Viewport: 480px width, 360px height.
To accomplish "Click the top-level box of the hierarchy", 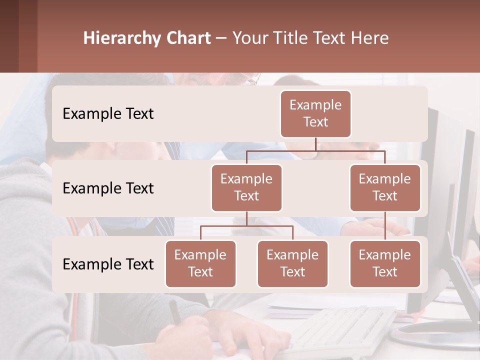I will (x=315, y=114).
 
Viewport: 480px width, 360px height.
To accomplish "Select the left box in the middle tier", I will (x=246, y=188).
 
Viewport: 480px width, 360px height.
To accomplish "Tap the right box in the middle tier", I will (x=385, y=188).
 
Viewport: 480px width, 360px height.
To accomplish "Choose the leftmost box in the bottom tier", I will (x=200, y=264).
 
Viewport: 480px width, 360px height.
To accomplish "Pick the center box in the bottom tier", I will (x=292, y=264).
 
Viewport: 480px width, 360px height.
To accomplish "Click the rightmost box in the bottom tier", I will (x=385, y=264).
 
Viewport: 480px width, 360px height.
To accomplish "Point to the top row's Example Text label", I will (x=108, y=114).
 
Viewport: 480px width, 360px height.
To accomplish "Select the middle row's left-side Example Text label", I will (x=108, y=188).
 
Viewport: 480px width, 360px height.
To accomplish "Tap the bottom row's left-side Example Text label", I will (x=108, y=264).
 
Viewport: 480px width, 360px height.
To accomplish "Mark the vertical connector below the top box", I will (x=315, y=144).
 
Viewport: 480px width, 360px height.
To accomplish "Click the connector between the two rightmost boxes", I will (x=385, y=226).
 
